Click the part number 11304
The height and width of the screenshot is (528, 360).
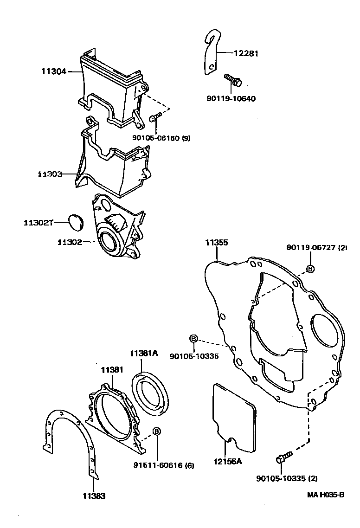click(54, 71)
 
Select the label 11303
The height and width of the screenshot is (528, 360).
click(51, 174)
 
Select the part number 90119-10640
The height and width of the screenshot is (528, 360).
click(231, 98)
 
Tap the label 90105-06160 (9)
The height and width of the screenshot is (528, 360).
click(161, 138)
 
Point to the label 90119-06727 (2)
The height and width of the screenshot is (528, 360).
click(317, 248)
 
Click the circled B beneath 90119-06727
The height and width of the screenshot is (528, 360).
click(310, 269)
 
